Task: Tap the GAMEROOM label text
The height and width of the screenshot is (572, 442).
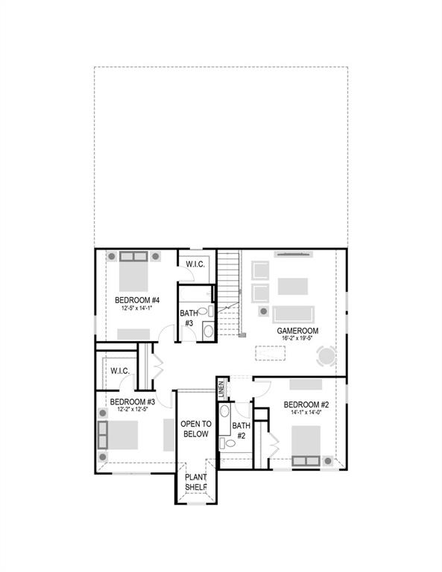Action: [x=297, y=331]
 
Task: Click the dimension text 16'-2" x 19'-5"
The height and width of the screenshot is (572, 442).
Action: [x=297, y=339]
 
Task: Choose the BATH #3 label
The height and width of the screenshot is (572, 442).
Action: [x=187, y=319]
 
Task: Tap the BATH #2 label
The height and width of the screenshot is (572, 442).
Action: [x=241, y=430]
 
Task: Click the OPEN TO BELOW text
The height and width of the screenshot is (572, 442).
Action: [x=196, y=428]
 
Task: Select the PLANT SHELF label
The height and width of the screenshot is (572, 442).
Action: [x=196, y=483]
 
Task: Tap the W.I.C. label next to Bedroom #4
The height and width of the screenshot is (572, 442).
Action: [x=195, y=263]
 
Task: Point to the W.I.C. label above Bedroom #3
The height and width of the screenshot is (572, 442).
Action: [x=120, y=370]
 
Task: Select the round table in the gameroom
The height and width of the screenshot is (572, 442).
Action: [x=326, y=357]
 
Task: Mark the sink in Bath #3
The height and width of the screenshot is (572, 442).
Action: [x=207, y=328]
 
